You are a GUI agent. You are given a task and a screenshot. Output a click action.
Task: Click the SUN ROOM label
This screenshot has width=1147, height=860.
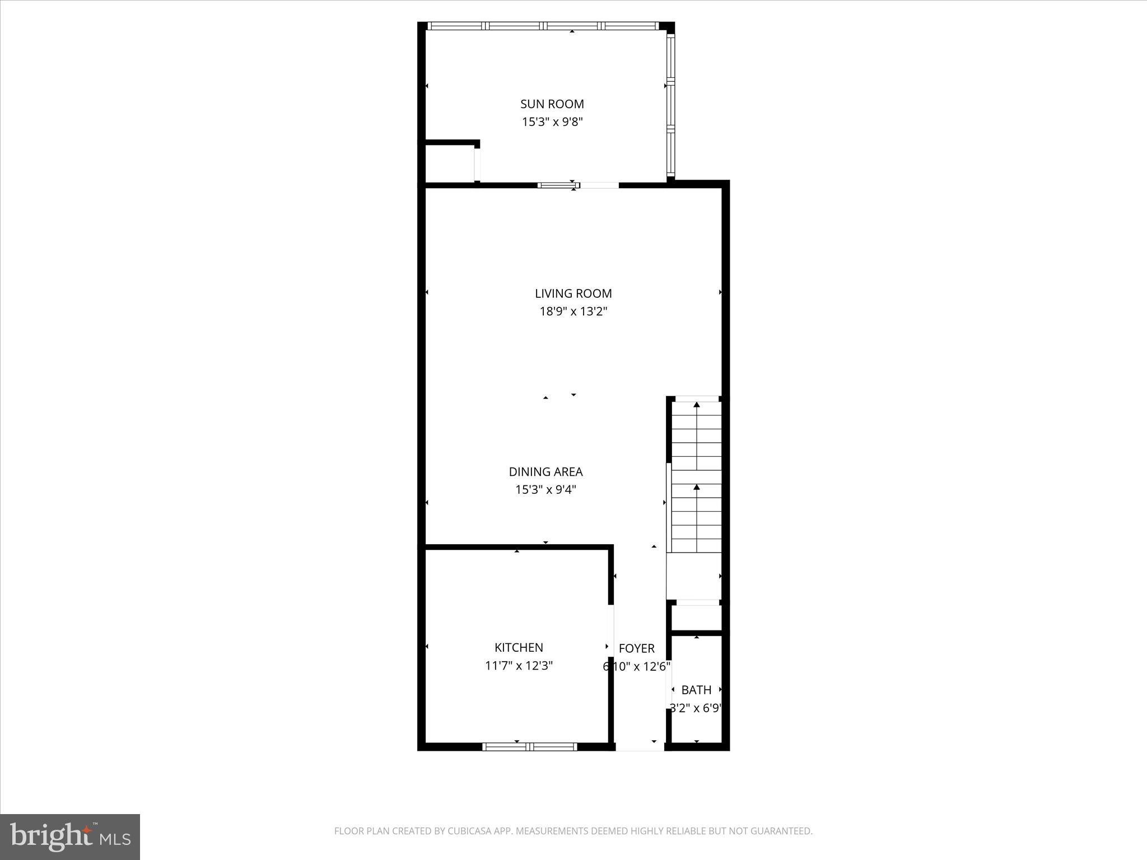552,104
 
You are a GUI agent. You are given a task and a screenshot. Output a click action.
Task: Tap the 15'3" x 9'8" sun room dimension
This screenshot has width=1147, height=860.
552,122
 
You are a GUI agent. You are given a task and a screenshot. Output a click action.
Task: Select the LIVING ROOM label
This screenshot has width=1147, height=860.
573,293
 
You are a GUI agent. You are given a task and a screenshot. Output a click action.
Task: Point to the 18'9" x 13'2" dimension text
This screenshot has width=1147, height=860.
573,311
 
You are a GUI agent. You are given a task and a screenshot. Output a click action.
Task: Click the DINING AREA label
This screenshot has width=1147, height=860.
545,472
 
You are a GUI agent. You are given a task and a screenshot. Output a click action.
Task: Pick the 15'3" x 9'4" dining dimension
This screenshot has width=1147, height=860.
545,490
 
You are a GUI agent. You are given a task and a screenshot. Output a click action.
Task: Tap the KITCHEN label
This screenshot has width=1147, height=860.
519,648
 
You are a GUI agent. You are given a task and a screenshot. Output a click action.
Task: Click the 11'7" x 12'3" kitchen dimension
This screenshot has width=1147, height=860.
519,666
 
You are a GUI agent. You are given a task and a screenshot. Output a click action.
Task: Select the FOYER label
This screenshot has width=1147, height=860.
636,648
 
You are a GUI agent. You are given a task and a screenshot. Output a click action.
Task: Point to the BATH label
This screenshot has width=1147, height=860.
696,690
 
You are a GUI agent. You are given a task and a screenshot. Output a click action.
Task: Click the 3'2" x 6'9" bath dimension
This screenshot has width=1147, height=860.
696,708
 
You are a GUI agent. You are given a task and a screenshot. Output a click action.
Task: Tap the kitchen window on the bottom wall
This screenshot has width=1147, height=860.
529,746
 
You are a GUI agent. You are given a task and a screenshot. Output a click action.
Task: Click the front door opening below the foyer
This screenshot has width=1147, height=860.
640,747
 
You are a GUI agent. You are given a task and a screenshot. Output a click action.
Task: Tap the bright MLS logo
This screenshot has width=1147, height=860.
70,837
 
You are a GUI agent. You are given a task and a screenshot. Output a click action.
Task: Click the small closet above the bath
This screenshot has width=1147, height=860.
696,618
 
